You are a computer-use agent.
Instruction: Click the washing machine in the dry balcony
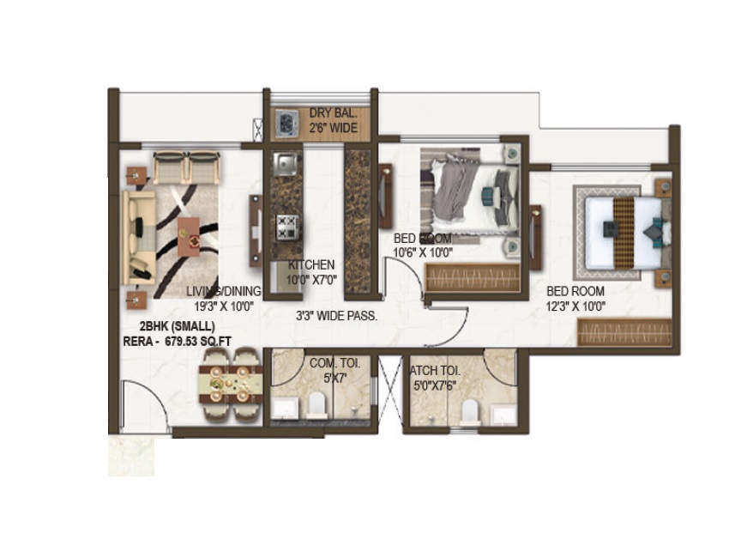click(286, 124)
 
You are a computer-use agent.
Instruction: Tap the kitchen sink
click(285, 164)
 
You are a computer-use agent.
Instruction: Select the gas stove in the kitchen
click(286, 227)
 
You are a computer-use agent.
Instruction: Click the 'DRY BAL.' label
click(333, 112)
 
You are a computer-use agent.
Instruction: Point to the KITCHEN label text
click(311, 264)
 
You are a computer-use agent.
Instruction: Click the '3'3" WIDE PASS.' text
click(336, 316)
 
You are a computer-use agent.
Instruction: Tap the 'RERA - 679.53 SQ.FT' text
click(178, 341)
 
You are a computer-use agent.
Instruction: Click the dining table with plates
click(231, 385)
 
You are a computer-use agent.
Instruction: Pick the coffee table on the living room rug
click(189, 236)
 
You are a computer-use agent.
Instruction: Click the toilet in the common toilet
click(316, 403)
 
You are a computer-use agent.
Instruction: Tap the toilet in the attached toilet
click(468, 410)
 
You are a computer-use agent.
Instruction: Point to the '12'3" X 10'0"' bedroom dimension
click(576, 306)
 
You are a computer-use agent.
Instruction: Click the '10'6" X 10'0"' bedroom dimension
click(423, 252)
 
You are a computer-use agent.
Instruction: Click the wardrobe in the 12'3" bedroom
click(624, 332)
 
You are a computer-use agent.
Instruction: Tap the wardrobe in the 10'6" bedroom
click(473, 278)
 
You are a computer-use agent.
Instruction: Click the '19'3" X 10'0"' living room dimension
click(223, 306)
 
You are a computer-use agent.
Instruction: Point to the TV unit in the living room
click(256, 231)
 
